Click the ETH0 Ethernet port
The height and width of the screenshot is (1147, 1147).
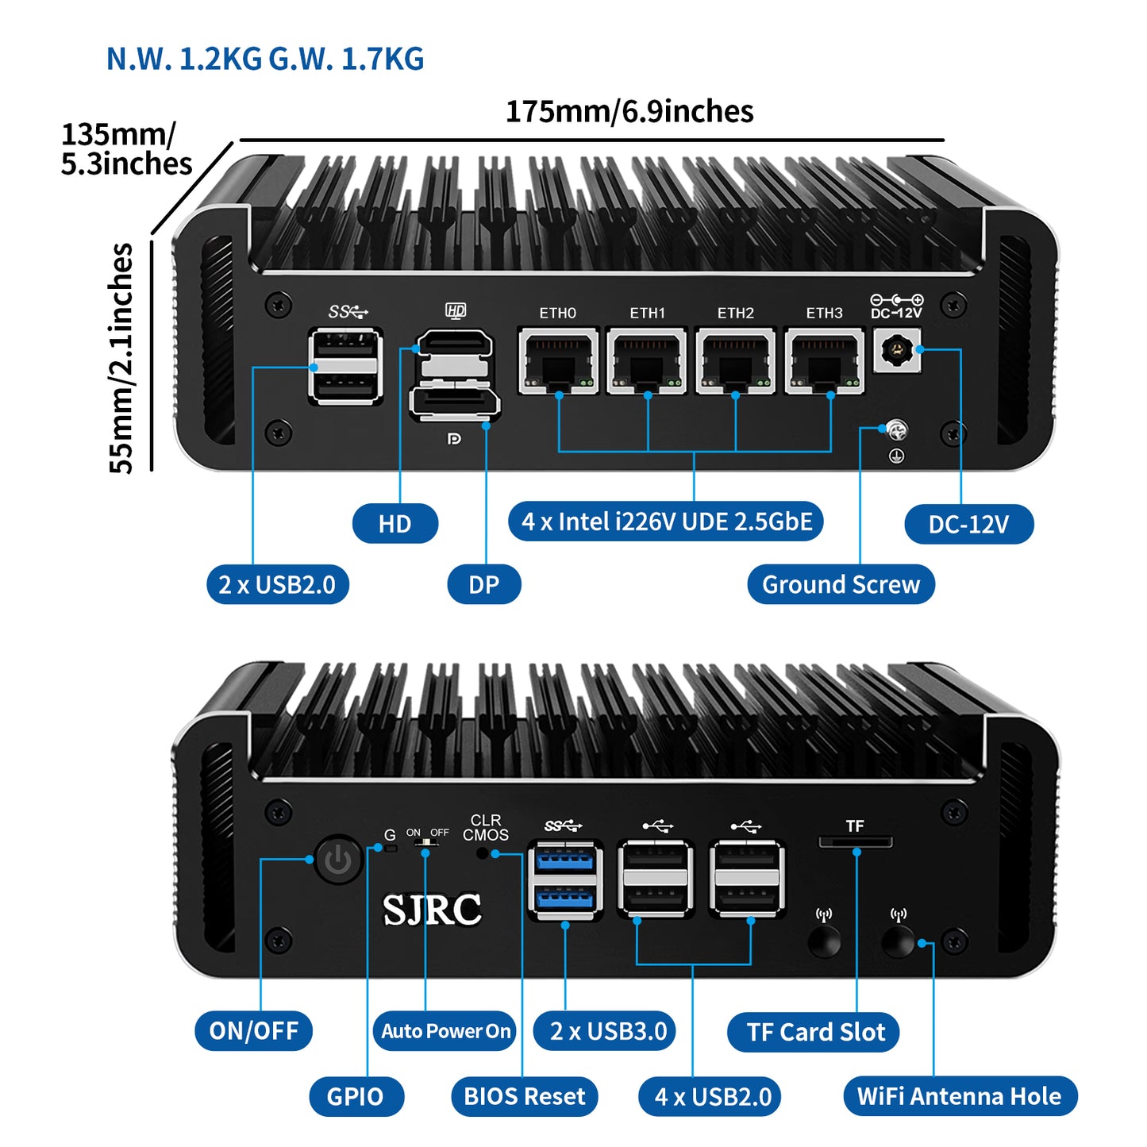(558, 361)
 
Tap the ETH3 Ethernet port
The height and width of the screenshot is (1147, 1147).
(824, 361)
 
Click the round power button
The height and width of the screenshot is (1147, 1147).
(338, 859)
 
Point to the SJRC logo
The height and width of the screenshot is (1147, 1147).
(432, 910)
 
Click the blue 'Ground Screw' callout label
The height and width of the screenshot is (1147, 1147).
(841, 584)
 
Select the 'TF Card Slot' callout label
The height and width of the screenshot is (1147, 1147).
(814, 1032)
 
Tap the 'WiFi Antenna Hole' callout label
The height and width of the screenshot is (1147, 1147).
(959, 1096)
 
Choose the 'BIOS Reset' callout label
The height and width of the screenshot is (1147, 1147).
(524, 1096)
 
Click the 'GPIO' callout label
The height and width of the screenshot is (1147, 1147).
(355, 1096)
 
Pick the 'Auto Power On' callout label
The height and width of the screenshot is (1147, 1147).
(445, 1031)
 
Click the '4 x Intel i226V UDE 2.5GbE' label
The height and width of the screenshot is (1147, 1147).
(666, 522)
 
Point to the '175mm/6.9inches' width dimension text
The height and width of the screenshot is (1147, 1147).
(629, 112)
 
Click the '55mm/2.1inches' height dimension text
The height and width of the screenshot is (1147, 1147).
(121, 357)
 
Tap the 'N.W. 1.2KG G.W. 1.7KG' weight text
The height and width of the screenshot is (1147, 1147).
(265, 59)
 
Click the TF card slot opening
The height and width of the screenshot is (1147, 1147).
(855, 842)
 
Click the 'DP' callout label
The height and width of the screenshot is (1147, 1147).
(483, 584)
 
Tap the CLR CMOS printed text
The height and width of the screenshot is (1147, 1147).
(485, 827)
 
